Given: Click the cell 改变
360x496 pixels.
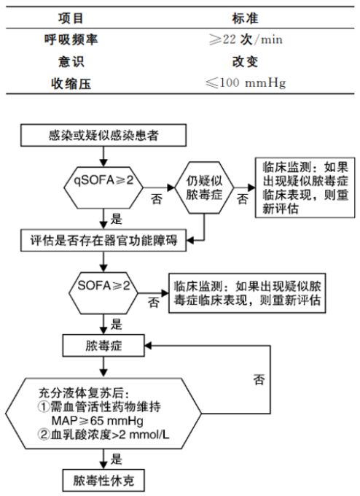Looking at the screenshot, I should tap(257, 62).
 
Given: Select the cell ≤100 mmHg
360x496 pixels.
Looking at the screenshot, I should tap(257, 82).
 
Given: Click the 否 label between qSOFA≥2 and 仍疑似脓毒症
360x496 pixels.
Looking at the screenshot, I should tap(156, 198).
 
